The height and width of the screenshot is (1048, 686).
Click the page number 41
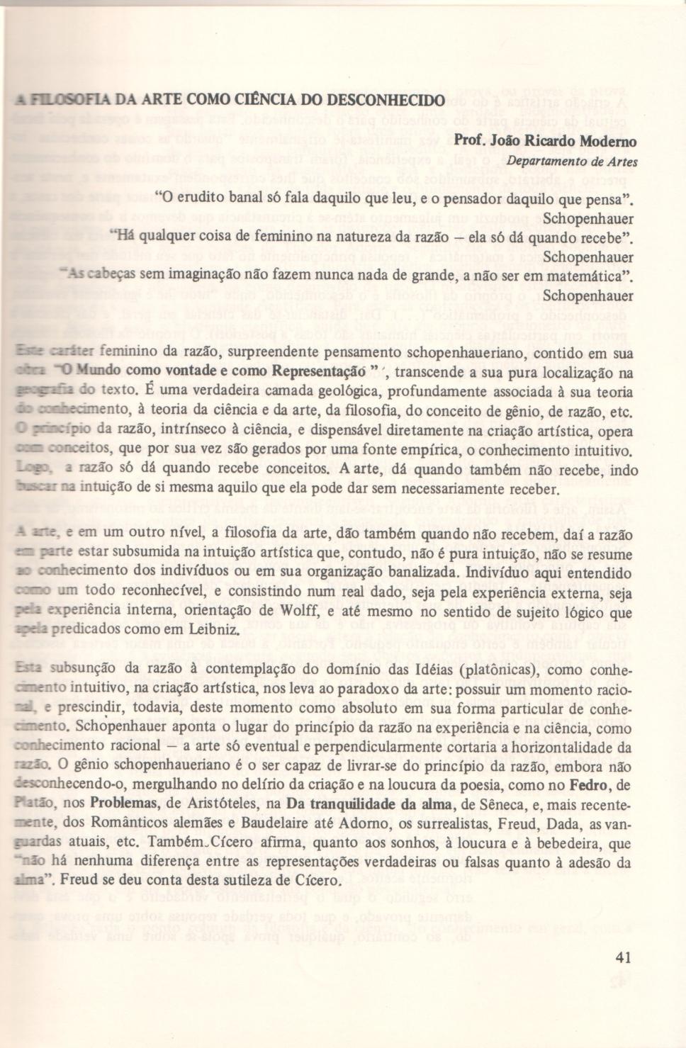tap(623, 957)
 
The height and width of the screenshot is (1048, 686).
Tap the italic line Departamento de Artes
tap(572, 162)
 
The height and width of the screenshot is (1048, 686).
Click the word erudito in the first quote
tap(201, 197)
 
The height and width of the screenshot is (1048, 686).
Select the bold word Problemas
tap(124, 804)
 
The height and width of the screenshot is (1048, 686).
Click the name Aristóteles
tap(227, 804)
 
